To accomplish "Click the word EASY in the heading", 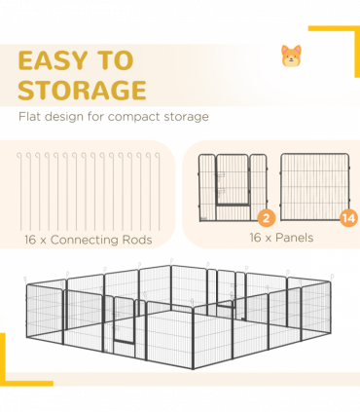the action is click(53, 60).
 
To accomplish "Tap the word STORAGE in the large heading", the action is click(82, 90).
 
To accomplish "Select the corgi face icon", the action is click(291, 56).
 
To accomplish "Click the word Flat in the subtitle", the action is click(29, 116).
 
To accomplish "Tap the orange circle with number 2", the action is click(267, 218).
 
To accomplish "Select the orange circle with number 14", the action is click(348, 218).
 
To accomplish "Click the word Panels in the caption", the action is click(294, 238).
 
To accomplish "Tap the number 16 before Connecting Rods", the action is click(30, 240).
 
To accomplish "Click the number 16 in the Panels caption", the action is click(255, 238).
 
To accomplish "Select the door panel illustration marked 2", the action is click(233, 188).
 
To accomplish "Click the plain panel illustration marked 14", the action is click(315, 187).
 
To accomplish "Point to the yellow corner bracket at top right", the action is click(356, 29).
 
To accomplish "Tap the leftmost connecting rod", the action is click(21, 192).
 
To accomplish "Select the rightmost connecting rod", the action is click(160, 192).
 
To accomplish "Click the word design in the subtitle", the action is click(63, 117).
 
